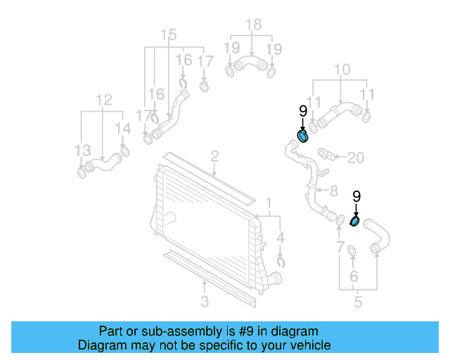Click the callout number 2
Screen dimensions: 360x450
pyautogui.click(x=214, y=156)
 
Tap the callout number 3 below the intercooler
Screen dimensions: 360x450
pyautogui.click(x=205, y=302)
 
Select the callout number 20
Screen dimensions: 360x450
pyautogui.click(x=356, y=158)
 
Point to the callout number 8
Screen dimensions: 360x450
pyautogui.click(x=333, y=190)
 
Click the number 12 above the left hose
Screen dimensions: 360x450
pyautogui.click(x=104, y=101)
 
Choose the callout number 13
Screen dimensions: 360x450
pyautogui.click(x=83, y=150)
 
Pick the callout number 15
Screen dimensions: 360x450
pyautogui.click(x=169, y=35)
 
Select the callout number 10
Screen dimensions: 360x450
pyautogui.click(x=342, y=70)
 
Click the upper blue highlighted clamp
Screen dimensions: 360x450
pyautogui.click(x=302, y=135)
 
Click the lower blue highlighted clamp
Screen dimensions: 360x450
pyautogui.click(x=355, y=222)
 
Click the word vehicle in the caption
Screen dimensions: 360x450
pyautogui.click(x=307, y=345)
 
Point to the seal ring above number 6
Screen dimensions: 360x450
pyautogui.click(x=352, y=251)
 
